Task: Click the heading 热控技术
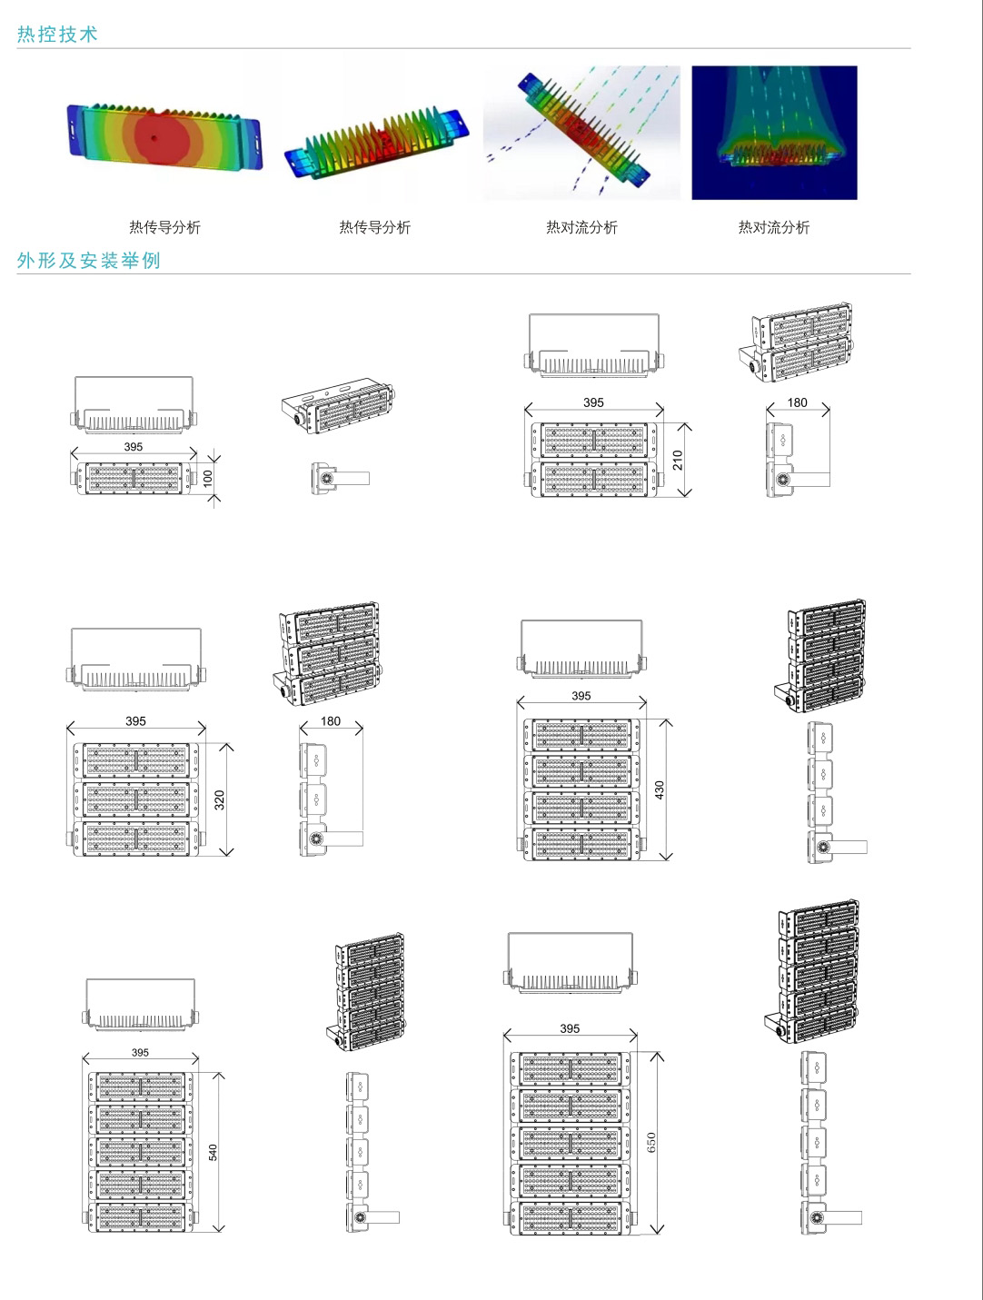click(57, 35)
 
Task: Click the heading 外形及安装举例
click(89, 261)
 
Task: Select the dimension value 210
click(677, 461)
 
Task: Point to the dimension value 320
click(219, 800)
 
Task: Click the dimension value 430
click(660, 789)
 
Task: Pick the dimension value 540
click(213, 1152)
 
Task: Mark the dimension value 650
click(650, 1143)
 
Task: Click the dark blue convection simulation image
click(774, 133)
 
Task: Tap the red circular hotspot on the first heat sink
click(155, 136)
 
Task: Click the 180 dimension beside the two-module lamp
click(797, 402)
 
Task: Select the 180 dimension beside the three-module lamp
click(331, 721)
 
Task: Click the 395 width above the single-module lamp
click(134, 447)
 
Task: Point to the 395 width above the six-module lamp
click(570, 1028)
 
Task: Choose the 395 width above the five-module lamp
click(140, 1053)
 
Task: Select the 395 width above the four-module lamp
click(581, 696)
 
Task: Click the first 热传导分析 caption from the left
click(164, 227)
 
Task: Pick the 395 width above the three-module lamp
click(135, 721)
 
